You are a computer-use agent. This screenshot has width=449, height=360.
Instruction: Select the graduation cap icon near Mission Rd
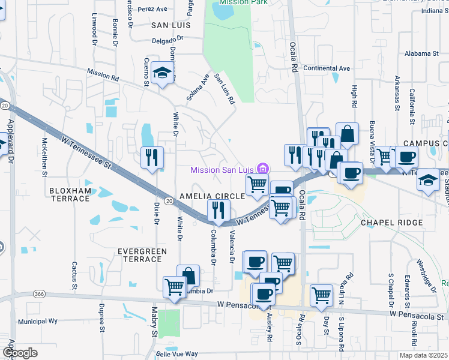point(161,73)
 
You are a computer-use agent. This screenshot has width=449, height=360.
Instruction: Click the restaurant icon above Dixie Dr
point(151,157)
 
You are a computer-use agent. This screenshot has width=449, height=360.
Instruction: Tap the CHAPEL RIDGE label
point(392,222)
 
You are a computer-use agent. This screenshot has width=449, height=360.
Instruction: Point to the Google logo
point(20,353)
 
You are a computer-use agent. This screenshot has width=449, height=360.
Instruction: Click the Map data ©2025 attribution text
point(423,355)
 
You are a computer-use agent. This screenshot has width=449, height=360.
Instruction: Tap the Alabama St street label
point(422,53)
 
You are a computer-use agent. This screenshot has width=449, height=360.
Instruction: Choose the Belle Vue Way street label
point(176,354)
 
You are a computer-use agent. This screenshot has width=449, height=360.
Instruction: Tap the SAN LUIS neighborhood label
point(170,25)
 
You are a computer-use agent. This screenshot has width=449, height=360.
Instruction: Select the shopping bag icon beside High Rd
point(347,133)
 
